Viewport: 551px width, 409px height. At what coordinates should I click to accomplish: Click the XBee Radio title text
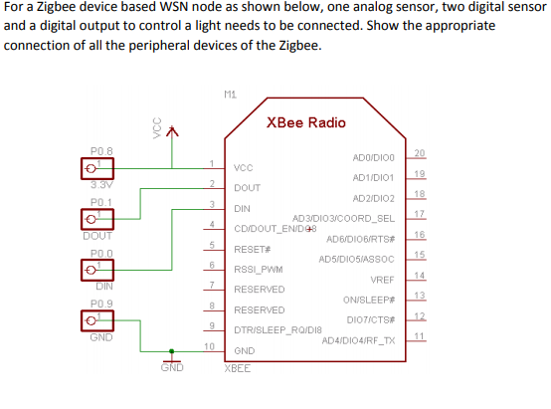pos(306,122)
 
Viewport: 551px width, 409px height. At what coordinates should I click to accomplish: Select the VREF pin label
pos(383,280)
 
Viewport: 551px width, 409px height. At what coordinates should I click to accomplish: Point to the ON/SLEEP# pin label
pos(369,299)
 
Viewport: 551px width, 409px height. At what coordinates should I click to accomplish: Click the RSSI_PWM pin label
pos(258,268)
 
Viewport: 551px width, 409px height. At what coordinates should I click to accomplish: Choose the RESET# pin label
pos(253,248)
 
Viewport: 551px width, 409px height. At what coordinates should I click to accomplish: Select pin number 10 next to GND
pos(209,345)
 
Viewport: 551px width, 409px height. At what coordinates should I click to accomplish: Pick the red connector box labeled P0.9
pos(96,320)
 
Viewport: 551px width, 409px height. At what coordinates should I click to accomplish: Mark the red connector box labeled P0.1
pos(96,220)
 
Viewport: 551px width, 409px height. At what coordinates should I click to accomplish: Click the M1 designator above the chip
pos(231,95)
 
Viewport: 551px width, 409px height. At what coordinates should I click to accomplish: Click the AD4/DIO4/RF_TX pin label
pos(359,340)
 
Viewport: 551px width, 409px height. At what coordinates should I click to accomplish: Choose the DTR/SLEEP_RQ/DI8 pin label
pos(277,329)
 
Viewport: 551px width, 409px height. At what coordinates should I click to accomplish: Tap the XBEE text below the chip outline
pos(238,367)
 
